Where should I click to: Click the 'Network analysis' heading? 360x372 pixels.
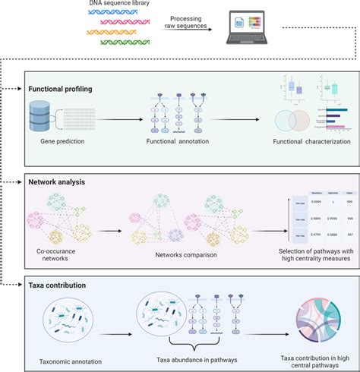57,183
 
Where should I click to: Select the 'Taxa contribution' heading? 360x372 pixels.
59,285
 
